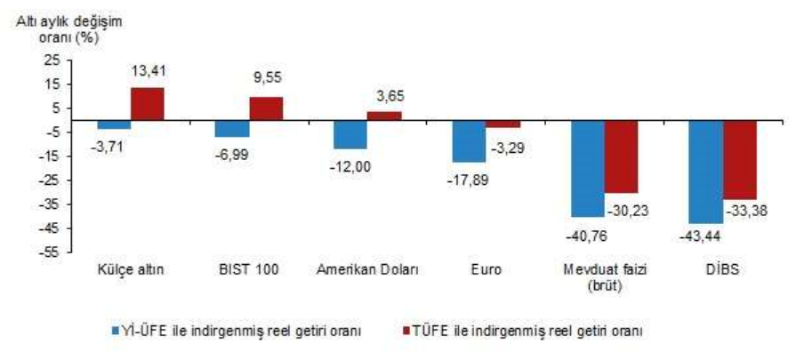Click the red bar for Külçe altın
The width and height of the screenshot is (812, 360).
148,104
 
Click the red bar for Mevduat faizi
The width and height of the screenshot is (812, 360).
621,156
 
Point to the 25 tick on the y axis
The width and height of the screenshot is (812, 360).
52,60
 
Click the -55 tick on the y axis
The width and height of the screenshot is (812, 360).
50,252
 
